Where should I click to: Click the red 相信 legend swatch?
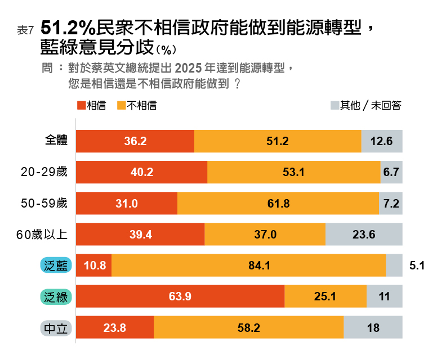click(x=81, y=105)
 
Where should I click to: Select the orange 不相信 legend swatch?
click(x=121, y=105)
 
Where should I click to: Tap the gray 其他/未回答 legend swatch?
click(x=334, y=105)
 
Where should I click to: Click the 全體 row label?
click(x=57, y=141)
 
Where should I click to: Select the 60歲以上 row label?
click(x=42, y=234)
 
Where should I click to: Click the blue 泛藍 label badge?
click(x=55, y=265)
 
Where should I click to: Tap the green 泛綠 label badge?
click(x=55, y=296)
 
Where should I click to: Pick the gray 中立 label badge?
click(x=55, y=327)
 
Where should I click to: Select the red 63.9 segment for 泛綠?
click(x=180, y=296)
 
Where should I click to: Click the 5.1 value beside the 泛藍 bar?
click(x=417, y=265)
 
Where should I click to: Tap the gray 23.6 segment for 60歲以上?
click(x=364, y=235)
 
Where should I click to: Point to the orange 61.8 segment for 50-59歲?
click(x=278, y=204)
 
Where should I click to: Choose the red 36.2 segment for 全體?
click(x=135, y=141)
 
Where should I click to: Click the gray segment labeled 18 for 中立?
click(x=373, y=327)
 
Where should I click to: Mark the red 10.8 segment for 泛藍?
click(x=94, y=265)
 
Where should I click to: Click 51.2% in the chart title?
click(x=68, y=28)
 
